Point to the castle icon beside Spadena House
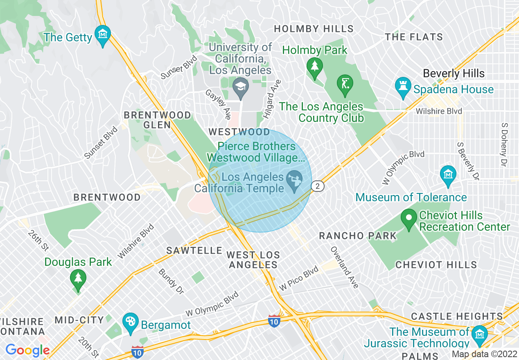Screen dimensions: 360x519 [x=403, y=87]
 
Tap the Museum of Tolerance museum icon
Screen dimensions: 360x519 [x=448, y=175]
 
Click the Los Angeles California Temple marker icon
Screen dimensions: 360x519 [x=294, y=180]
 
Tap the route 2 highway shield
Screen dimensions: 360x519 [x=318, y=187]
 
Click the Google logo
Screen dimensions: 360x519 [x=27, y=350]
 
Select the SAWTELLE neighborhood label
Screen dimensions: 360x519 [x=194, y=250]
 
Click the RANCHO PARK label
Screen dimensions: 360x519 [x=358, y=236]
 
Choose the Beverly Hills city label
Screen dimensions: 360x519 [x=454, y=74]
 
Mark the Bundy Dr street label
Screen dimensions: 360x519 [x=171, y=281]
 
